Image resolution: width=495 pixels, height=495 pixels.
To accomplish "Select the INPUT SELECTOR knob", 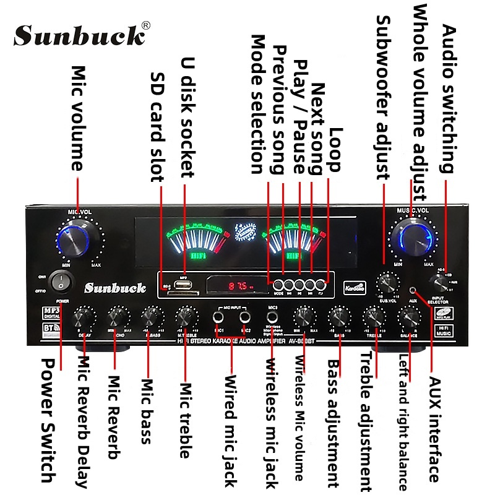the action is click(441, 283).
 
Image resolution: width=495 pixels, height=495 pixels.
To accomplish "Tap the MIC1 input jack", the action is click(218, 317).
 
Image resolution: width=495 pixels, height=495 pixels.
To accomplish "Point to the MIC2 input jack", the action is click(245, 317).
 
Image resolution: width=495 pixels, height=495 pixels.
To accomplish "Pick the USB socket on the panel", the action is click(183, 286).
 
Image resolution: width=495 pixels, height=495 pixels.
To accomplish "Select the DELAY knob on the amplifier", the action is click(84, 318).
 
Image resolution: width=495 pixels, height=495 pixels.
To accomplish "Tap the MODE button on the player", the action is click(278, 286).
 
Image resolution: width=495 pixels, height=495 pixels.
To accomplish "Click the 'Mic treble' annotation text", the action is click(184, 421).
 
